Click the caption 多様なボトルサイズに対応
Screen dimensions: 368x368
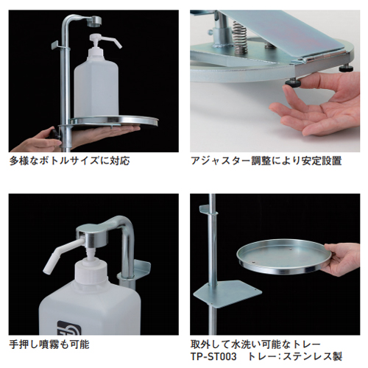tap(69, 161)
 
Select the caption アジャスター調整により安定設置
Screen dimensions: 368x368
tap(266, 161)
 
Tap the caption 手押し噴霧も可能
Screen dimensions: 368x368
tap(49, 344)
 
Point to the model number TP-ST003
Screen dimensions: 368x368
tap(213, 356)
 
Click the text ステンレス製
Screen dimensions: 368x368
tap(313, 356)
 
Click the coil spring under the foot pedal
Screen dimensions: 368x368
tap(240, 38)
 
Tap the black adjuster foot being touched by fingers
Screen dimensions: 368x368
tap(293, 82)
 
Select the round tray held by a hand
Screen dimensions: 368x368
tap(284, 257)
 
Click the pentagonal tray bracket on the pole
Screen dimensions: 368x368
tap(227, 293)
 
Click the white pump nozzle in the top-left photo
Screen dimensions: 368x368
tap(106, 40)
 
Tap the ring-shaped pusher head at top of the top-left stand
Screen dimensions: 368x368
tap(94, 21)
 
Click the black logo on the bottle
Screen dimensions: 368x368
tap(68, 328)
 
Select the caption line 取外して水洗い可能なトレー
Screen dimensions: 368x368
tap(255, 344)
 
